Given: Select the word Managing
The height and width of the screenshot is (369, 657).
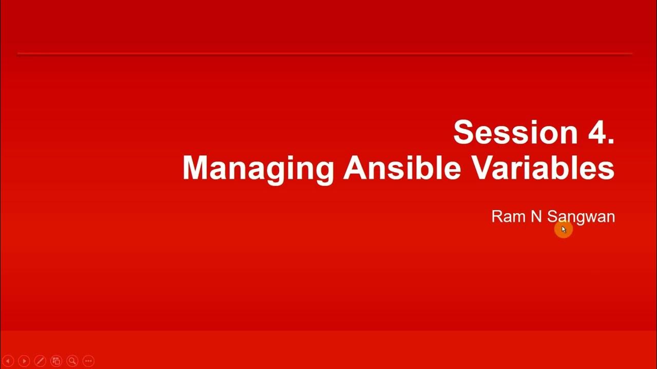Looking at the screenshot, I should [x=258, y=168].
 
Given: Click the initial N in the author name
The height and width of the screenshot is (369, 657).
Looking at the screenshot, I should [x=536, y=216].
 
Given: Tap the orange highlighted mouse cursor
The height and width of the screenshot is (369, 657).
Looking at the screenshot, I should [x=563, y=230].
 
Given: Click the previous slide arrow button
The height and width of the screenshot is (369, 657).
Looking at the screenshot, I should [x=8, y=361].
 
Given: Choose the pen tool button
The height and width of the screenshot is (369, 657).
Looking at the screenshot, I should [x=40, y=361].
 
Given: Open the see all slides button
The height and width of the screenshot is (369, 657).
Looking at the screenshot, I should [x=56, y=361].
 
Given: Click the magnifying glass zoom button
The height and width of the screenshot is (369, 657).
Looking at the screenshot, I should [x=72, y=361].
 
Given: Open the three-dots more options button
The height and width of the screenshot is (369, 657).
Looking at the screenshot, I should [x=88, y=361].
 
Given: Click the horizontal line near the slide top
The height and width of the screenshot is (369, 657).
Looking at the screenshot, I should [x=324, y=53].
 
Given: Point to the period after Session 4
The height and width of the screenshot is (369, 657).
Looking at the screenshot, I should [x=610, y=141].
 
